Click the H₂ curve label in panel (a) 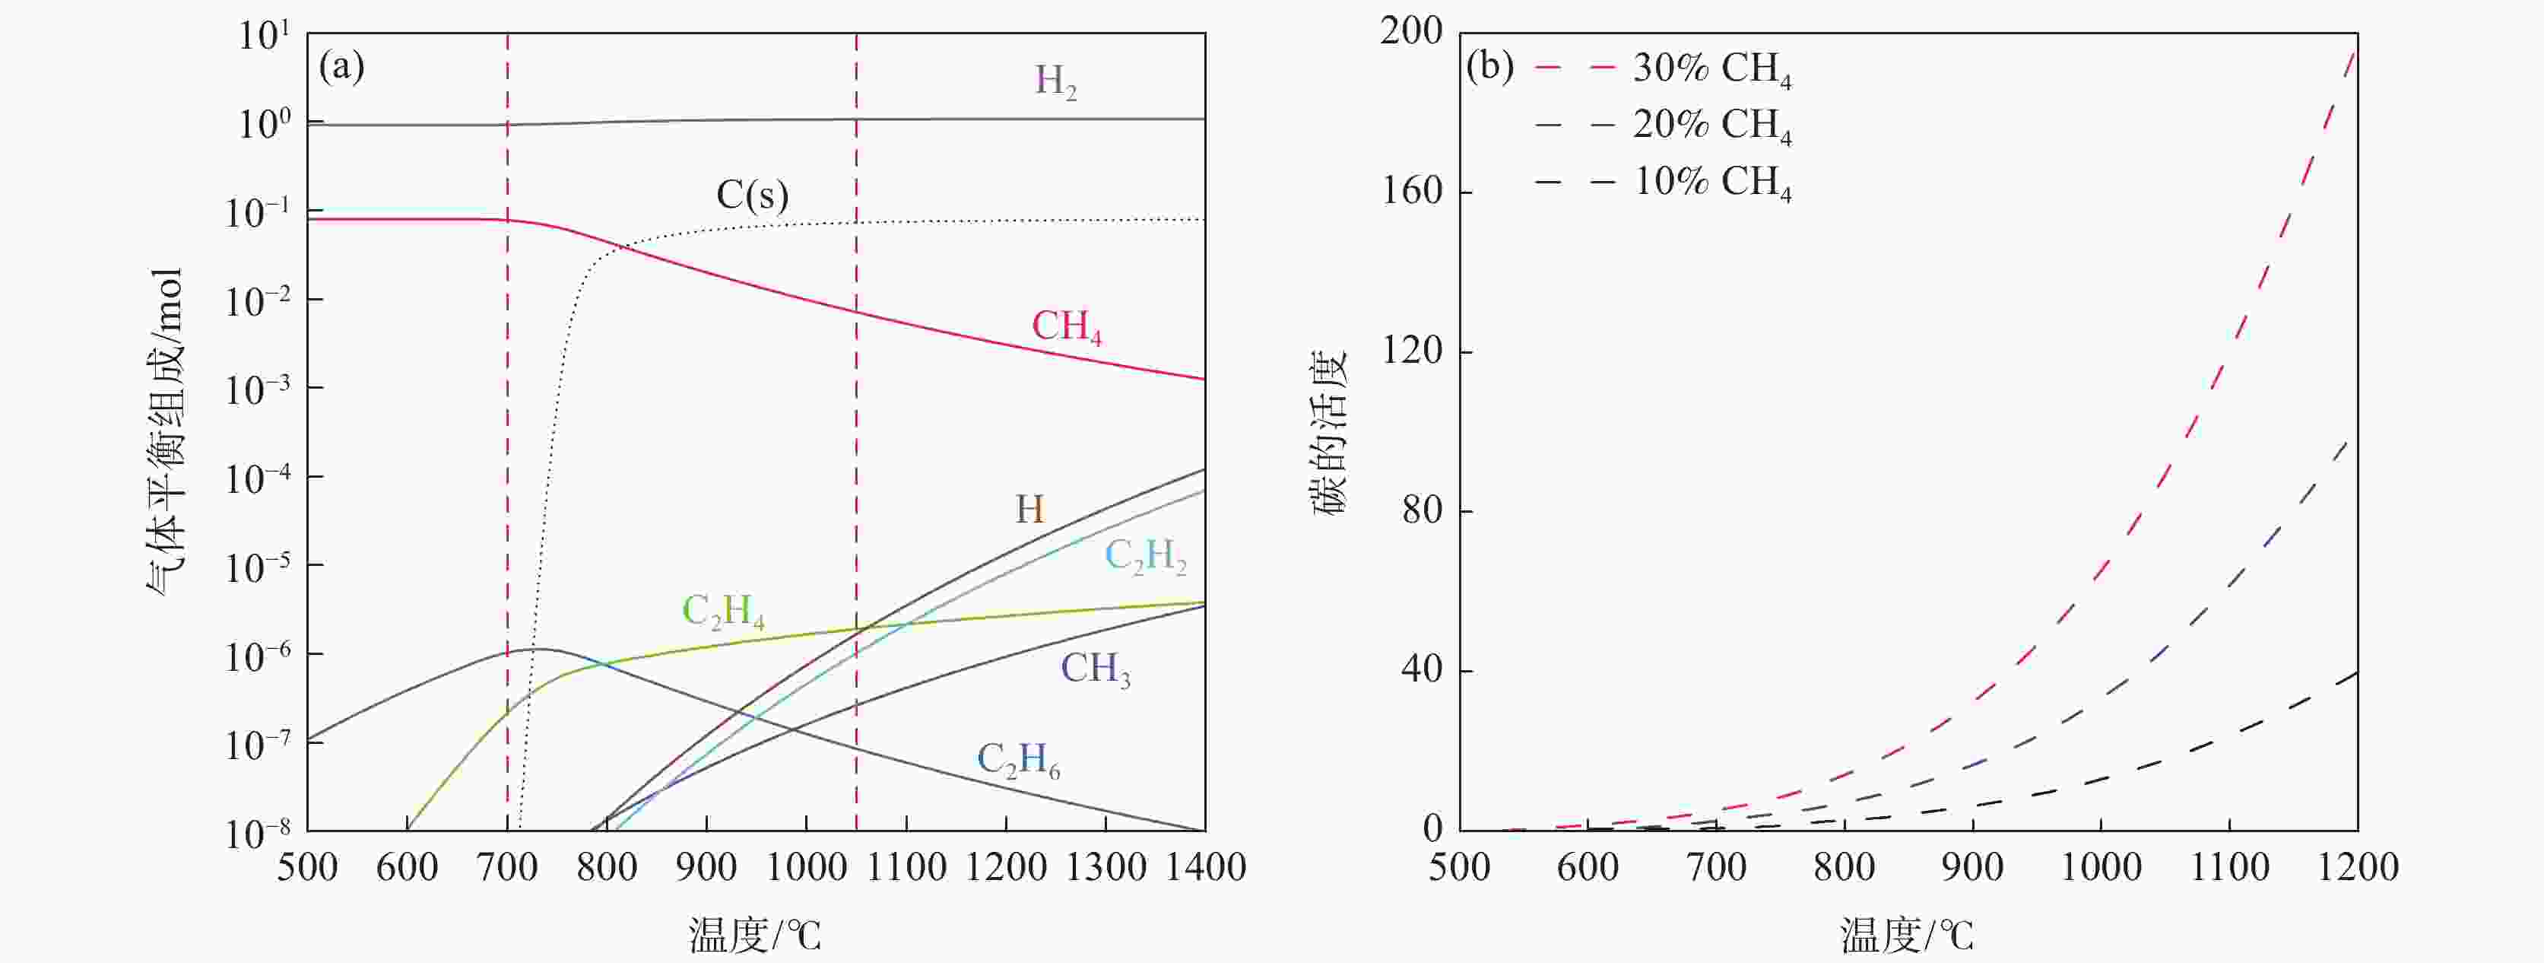tap(1055, 81)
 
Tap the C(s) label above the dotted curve tap(753, 195)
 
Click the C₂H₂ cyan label tap(1144, 557)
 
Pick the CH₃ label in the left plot tap(1095, 669)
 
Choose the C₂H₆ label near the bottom tap(1018, 761)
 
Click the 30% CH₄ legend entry tap(1711, 68)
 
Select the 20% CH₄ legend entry tap(1711, 126)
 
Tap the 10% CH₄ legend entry tap(1711, 183)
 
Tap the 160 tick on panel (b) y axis tap(1412, 191)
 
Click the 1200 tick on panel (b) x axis tap(2358, 867)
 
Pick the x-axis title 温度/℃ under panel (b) tap(1906, 934)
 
